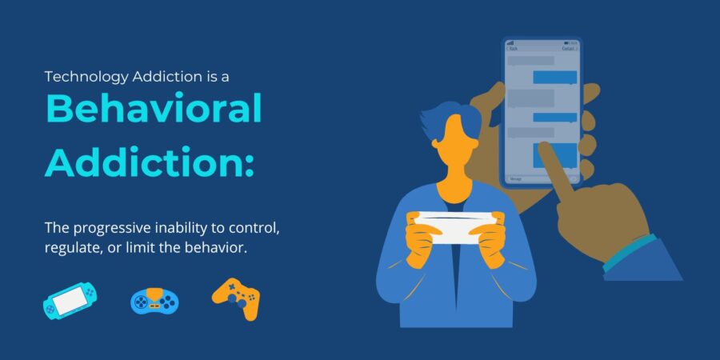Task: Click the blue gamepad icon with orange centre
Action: [x=154, y=301]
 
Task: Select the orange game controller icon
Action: [x=236, y=298]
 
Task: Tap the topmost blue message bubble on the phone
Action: [x=554, y=78]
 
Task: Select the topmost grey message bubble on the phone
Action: [x=530, y=61]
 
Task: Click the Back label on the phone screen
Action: [x=514, y=49]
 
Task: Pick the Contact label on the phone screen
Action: [x=568, y=49]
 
